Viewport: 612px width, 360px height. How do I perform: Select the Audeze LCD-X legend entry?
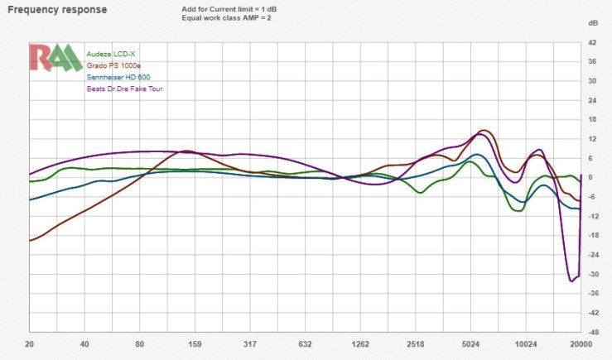click(x=110, y=54)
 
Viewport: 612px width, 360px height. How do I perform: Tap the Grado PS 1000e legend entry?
click(x=115, y=65)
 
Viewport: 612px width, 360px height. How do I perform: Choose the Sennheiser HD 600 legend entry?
click(x=118, y=77)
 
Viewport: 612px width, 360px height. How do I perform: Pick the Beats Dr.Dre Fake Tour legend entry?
click(x=124, y=89)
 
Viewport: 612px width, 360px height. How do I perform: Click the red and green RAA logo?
click(x=55, y=57)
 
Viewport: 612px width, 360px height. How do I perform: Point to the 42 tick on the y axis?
click(x=593, y=42)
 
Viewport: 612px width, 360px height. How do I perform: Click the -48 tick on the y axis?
click(x=593, y=333)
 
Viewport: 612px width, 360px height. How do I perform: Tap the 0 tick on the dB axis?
click(x=593, y=178)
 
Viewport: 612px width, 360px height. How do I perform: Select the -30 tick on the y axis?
click(x=593, y=275)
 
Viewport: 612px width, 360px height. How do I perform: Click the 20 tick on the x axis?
click(x=30, y=343)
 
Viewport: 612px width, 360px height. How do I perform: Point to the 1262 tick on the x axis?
click(x=360, y=343)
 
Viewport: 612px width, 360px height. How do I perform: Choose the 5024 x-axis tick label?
click(x=470, y=343)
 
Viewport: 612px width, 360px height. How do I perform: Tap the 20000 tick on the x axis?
click(x=581, y=343)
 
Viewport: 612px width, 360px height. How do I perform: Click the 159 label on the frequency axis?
click(x=195, y=343)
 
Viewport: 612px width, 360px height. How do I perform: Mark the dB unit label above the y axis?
click(x=593, y=22)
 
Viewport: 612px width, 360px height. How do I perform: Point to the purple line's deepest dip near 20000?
click(x=571, y=281)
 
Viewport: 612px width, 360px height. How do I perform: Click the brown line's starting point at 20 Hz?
click(x=30, y=240)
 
